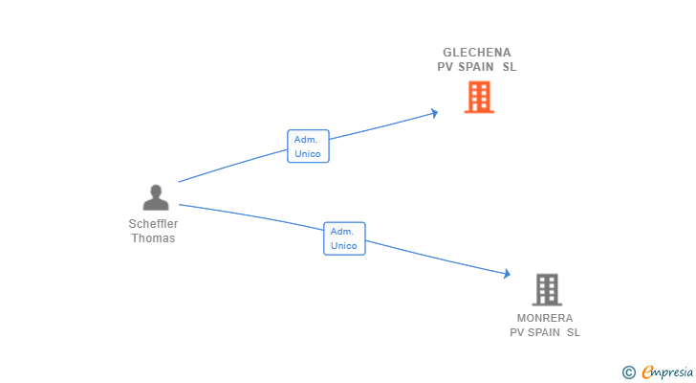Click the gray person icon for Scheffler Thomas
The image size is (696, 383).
(155, 198)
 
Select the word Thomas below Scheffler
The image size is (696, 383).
(153, 238)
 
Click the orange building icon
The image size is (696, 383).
(479, 97)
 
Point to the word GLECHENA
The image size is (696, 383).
(477, 53)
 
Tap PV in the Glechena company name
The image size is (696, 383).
(446, 68)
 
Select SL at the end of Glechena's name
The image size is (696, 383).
(510, 68)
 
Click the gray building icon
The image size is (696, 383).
(546, 289)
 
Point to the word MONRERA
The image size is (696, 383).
(545, 318)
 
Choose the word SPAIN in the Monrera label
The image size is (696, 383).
(544, 333)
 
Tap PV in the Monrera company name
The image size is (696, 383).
(517, 333)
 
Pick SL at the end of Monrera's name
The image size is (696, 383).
(574, 333)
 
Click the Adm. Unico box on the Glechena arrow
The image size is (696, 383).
(308, 146)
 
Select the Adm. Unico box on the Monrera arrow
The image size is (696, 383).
(344, 238)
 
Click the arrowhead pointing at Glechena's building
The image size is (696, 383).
(434, 113)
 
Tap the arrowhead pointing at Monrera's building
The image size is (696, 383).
(507, 274)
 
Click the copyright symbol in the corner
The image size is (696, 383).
(628, 372)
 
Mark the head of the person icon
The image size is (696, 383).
(156, 191)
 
